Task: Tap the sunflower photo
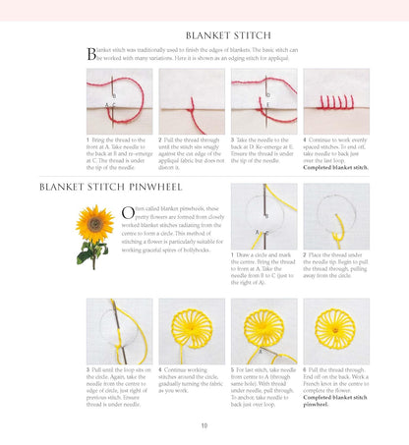(95, 235)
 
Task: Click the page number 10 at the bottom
(204, 424)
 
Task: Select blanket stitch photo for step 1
(119, 101)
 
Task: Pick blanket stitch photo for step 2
(191, 101)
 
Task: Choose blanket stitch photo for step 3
(263, 101)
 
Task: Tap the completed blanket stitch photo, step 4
(335, 101)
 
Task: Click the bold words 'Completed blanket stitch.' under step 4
(335, 166)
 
